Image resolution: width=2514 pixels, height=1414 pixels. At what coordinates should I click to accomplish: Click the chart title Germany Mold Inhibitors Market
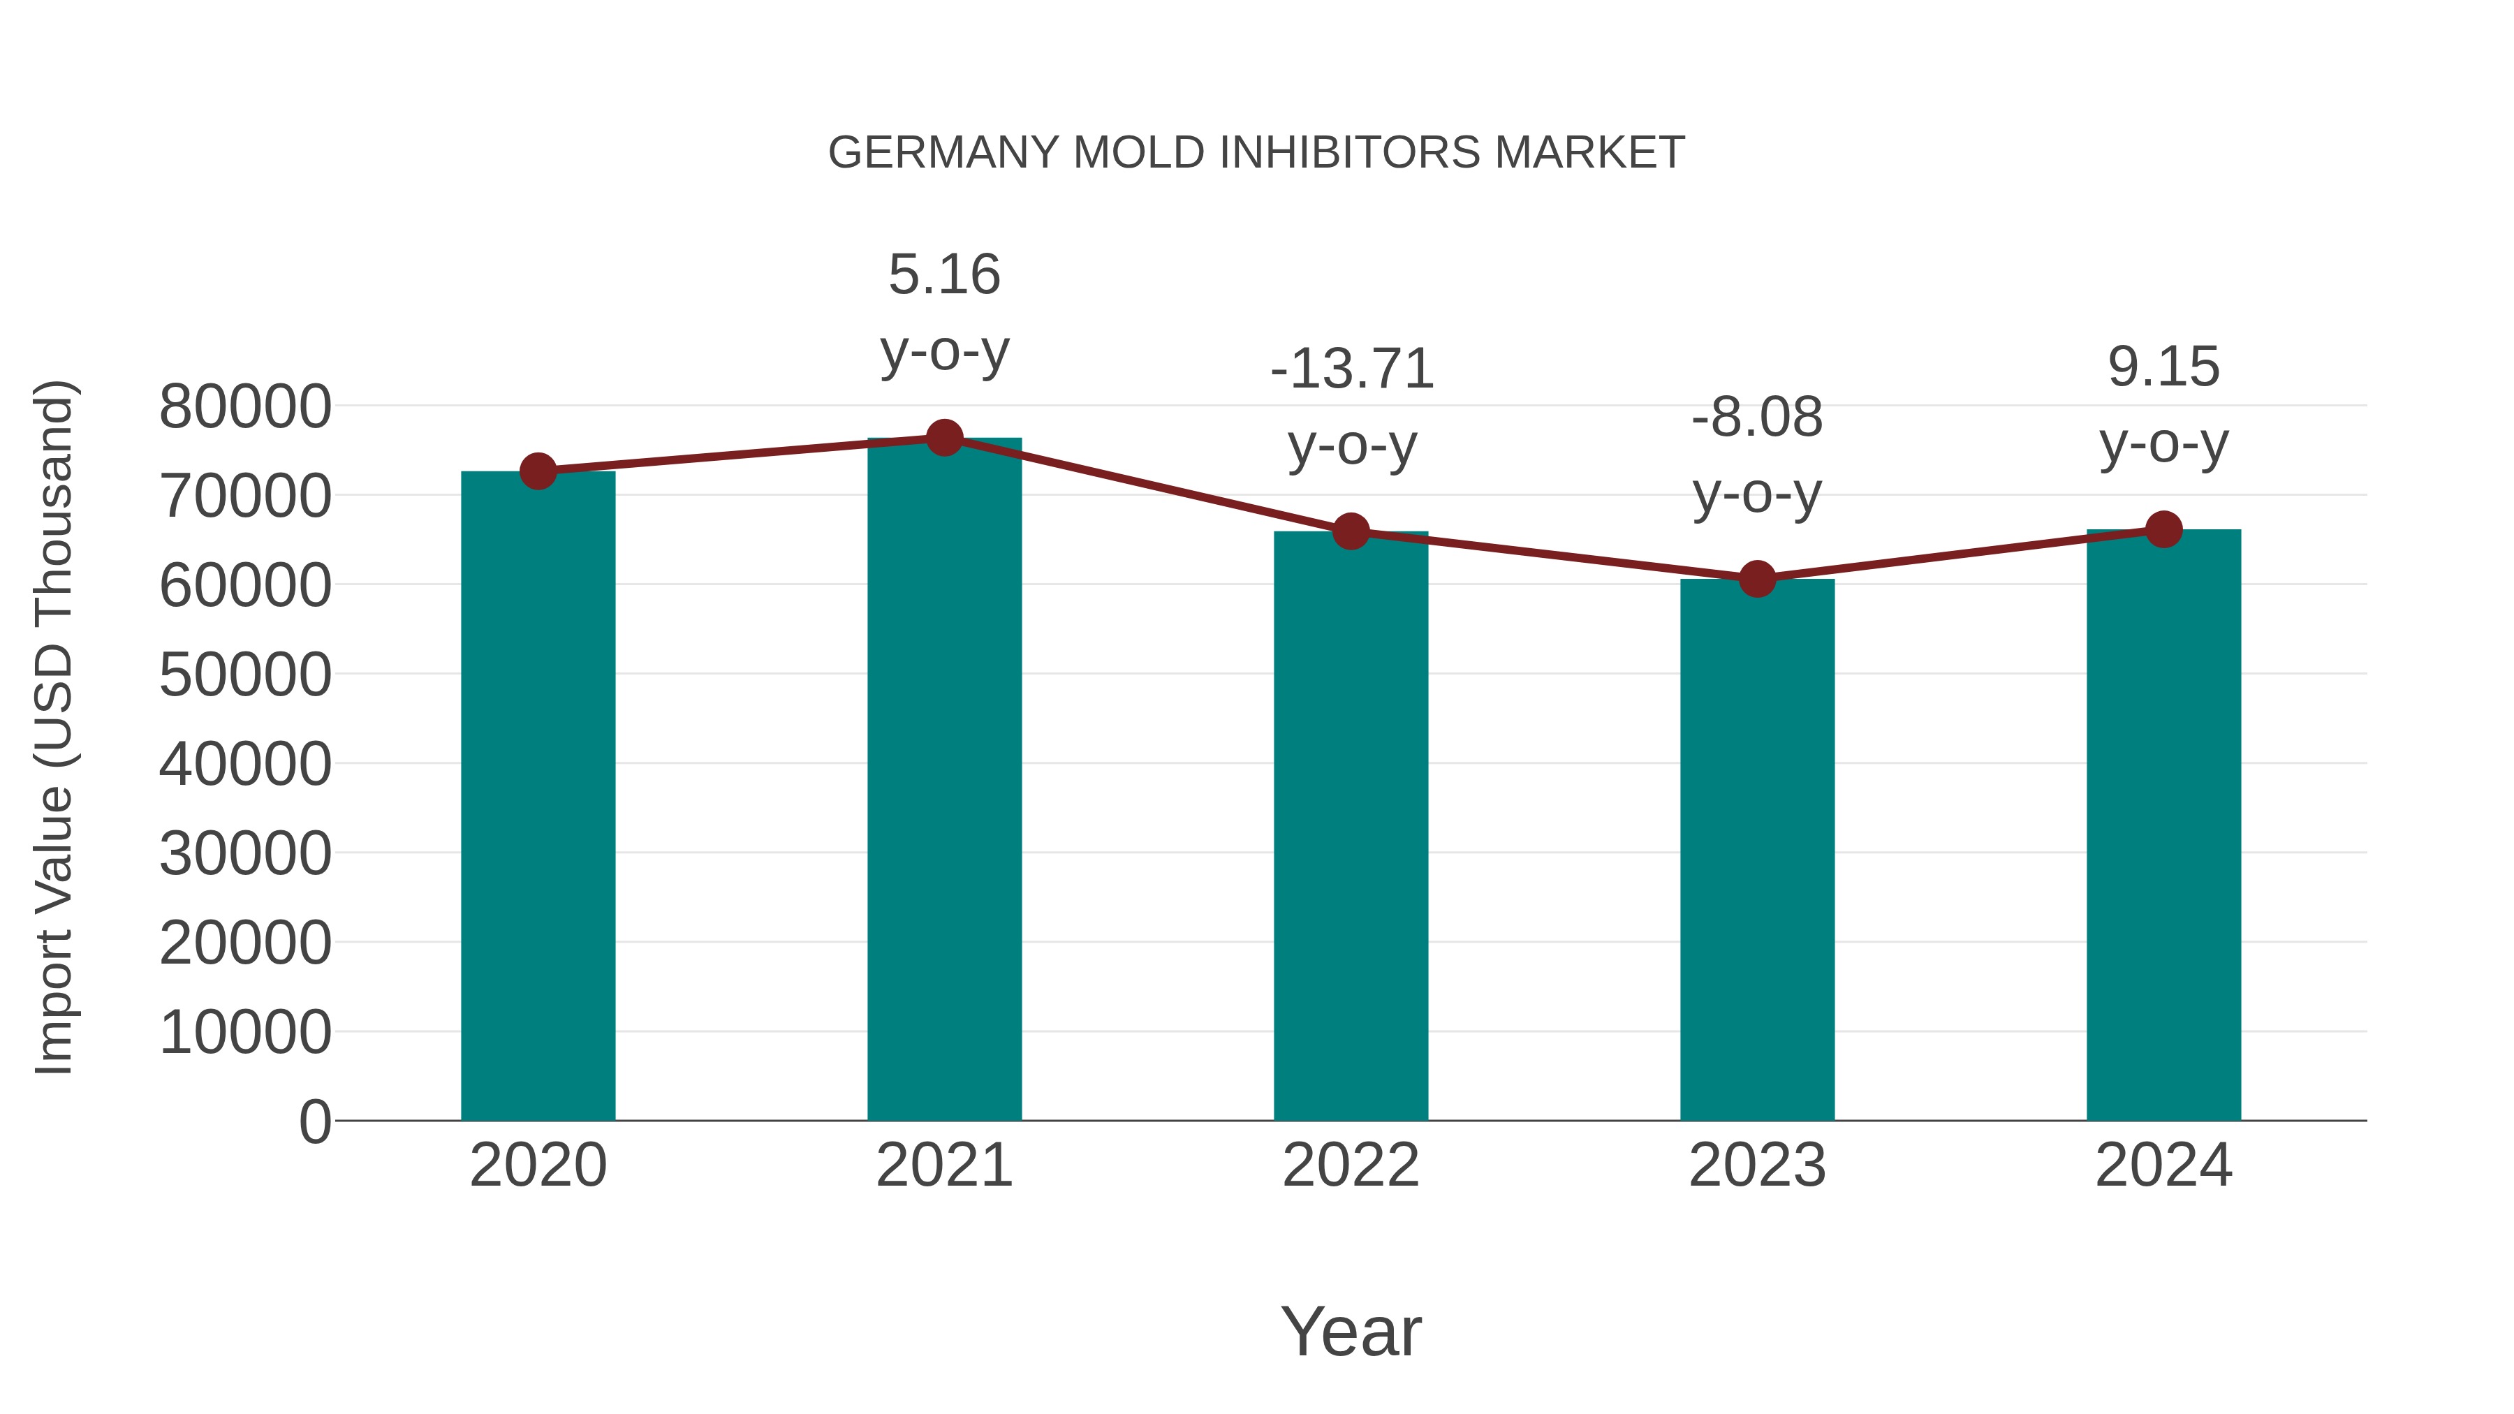[x=1256, y=153]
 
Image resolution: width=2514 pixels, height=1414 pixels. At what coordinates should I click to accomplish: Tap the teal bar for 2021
[x=943, y=781]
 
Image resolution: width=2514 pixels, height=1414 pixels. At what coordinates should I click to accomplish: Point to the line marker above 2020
[x=538, y=471]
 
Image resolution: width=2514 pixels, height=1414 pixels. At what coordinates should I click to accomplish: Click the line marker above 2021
[x=943, y=438]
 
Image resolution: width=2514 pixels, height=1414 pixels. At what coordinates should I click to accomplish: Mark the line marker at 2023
[x=1757, y=580]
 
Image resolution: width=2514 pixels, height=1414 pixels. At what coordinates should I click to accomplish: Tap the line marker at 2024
[x=2163, y=530]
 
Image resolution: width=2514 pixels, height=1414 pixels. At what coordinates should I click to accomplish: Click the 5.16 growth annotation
[x=943, y=274]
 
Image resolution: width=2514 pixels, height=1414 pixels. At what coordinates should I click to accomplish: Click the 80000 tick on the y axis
[x=245, y=407]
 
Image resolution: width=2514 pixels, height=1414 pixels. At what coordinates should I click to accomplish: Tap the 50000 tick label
[x=245, y=675]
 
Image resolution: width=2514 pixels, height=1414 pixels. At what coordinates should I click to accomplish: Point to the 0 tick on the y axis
[x=315, y=1121]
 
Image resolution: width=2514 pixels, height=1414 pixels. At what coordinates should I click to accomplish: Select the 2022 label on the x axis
[x=1351, y=1165]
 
